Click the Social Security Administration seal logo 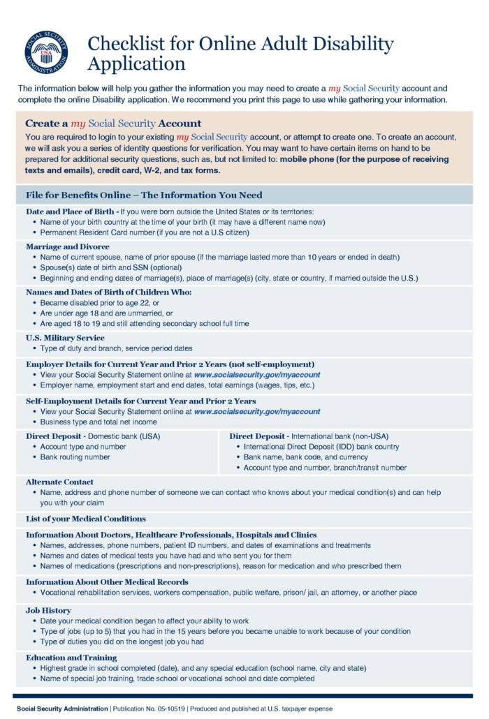(x=45, y=53)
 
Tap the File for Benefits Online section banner (x=144, y=195)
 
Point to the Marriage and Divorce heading (x=68, y=246)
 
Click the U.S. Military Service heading (x=65, y=338)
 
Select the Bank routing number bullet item (x=75, y=457)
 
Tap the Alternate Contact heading (x=59, y=482)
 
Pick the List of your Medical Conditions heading (x=86, y=519)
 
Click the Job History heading (x=50, y=610)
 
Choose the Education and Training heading (x=71, y=658)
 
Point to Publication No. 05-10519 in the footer (x=148, y=709)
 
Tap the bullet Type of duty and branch (x=116, y=348)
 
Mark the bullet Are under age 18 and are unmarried (x=106, y=313)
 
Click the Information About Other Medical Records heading (x=107, y=581)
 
